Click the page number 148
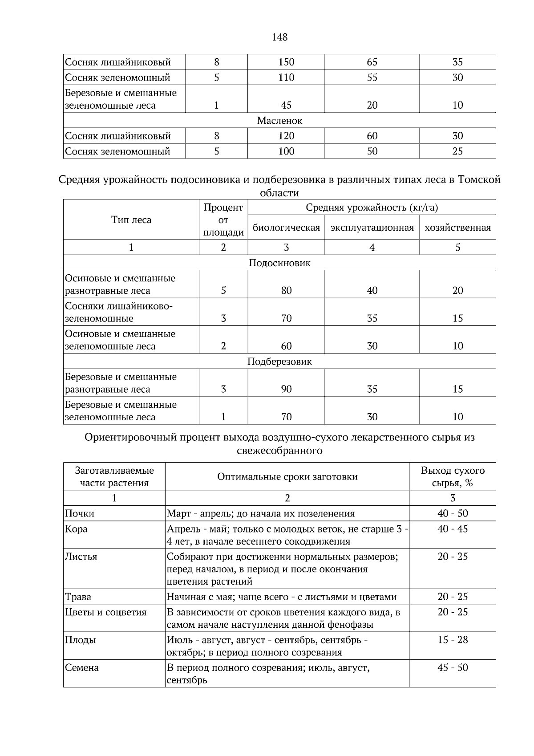tap(279, 37)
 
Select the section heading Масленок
tap(279, 121)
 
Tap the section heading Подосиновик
tap(279, 263)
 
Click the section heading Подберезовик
tap(279, 362)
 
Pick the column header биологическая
tap(286, 228)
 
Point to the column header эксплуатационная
tap(372, 228)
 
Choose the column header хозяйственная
tap(457, 228)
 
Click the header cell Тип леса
tap(131, 220)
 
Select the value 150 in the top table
tap(286, 62)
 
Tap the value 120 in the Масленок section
tap(286, 136)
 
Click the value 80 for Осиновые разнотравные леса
tap(286, 291)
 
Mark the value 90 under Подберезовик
tap(286, 389)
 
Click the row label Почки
tap(80, 514)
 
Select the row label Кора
tap(76, 529)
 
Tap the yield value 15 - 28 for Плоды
tap(453, 640)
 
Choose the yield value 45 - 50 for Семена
tap(453, 668)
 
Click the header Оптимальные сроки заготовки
tap(287, 477)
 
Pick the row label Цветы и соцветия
tap(106, 613)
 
